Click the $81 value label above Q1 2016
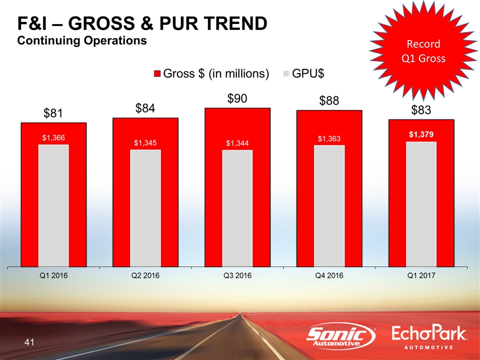point(53,113)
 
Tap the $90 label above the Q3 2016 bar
point(237,98)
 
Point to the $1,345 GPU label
point(145,142)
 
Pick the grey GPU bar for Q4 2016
point(329,205)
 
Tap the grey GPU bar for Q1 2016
point(53,205)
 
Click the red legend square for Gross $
point(157,74)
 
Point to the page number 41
point(29,342)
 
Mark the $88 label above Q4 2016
point(329,101)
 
